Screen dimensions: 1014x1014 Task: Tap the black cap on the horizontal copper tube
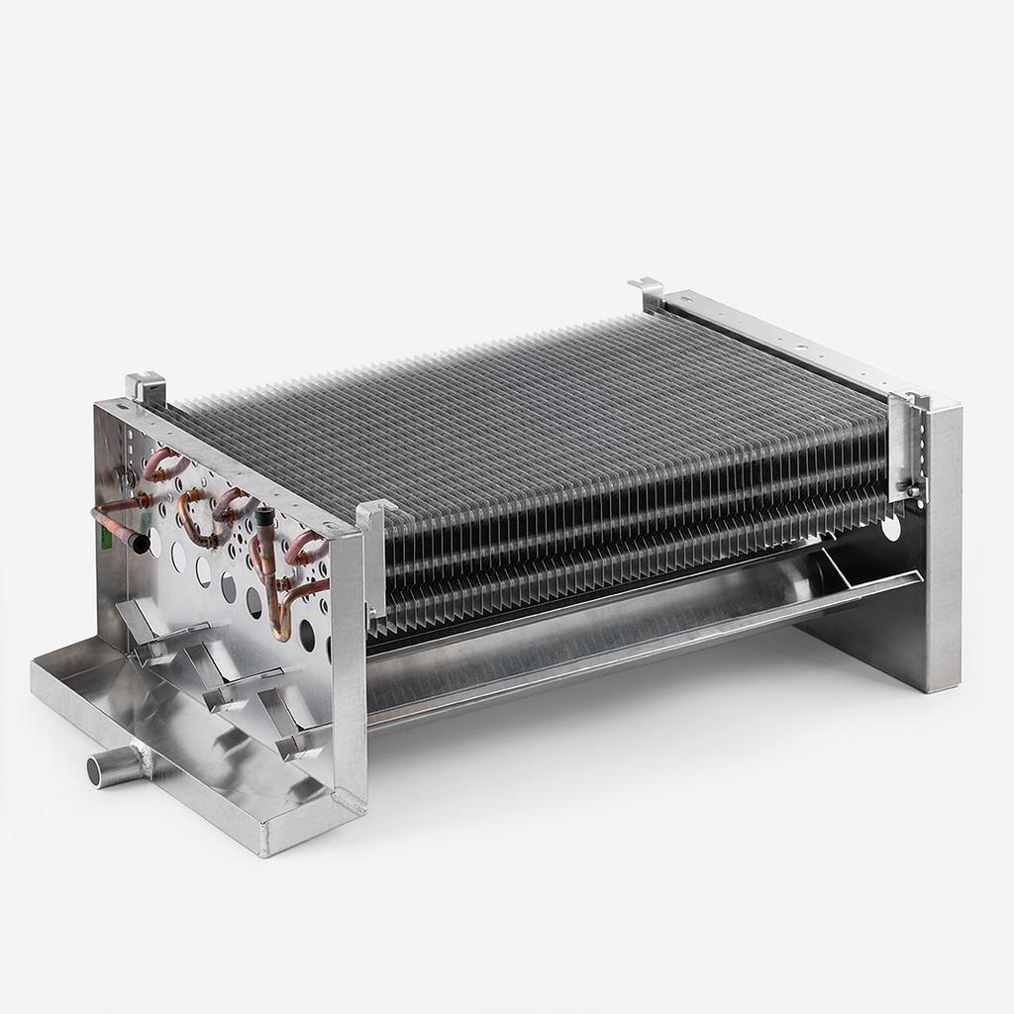pos(141,543)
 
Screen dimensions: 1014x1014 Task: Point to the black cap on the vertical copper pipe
pos(264,516)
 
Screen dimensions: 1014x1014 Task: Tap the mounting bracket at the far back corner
pos(647,292)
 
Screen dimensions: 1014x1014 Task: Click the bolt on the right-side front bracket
pos(905,488)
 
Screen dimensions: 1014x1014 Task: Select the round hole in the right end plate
pos(892,528)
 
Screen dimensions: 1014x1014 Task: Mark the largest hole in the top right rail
pos(799,348)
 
